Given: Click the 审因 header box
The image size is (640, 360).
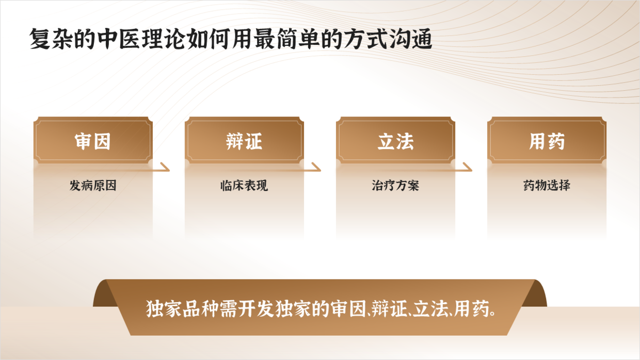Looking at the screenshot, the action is click(x=93, y=140).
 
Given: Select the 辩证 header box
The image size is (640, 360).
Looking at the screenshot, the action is click(x=244, y=140).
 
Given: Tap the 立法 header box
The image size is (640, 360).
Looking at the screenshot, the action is click(x=395, y=140).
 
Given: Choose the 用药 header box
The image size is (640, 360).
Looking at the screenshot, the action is click(x=547, y=140).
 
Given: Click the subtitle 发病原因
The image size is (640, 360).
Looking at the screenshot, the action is click(x=93, y=186).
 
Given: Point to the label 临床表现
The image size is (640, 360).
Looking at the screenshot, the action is click(x=244, y=186).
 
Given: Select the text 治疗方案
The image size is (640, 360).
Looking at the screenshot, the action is click(x=395, y=186).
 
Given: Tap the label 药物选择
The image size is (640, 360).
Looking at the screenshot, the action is click(x=547, y=186).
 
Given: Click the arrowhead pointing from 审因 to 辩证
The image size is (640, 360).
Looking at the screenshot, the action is click(x=165, y=167).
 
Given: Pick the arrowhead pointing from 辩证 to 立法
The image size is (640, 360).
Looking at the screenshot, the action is click(x=316, y=167).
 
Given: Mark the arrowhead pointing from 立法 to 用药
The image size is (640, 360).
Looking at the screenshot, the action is click(x=468, y=167).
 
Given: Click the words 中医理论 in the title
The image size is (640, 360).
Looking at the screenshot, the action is click(x=140, y=39).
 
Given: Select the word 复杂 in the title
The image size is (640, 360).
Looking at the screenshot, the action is click(x=51, y=39).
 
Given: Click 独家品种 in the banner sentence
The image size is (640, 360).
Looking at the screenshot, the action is click(x=182, y=308).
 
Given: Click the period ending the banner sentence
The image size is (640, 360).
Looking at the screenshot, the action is click(x=492, y=314).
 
